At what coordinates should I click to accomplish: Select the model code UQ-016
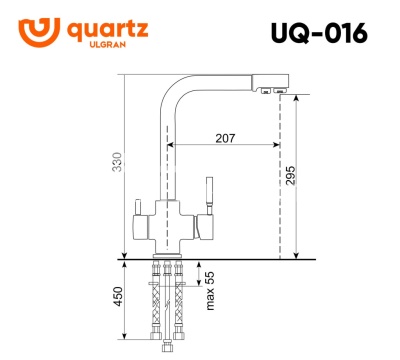click(318, 32)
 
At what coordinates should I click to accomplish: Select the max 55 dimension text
click(210, 290)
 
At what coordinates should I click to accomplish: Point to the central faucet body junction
click(168, 217)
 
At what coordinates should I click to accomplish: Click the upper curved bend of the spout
click(175, 84)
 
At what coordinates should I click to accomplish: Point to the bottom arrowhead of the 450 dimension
click(123, 349)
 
